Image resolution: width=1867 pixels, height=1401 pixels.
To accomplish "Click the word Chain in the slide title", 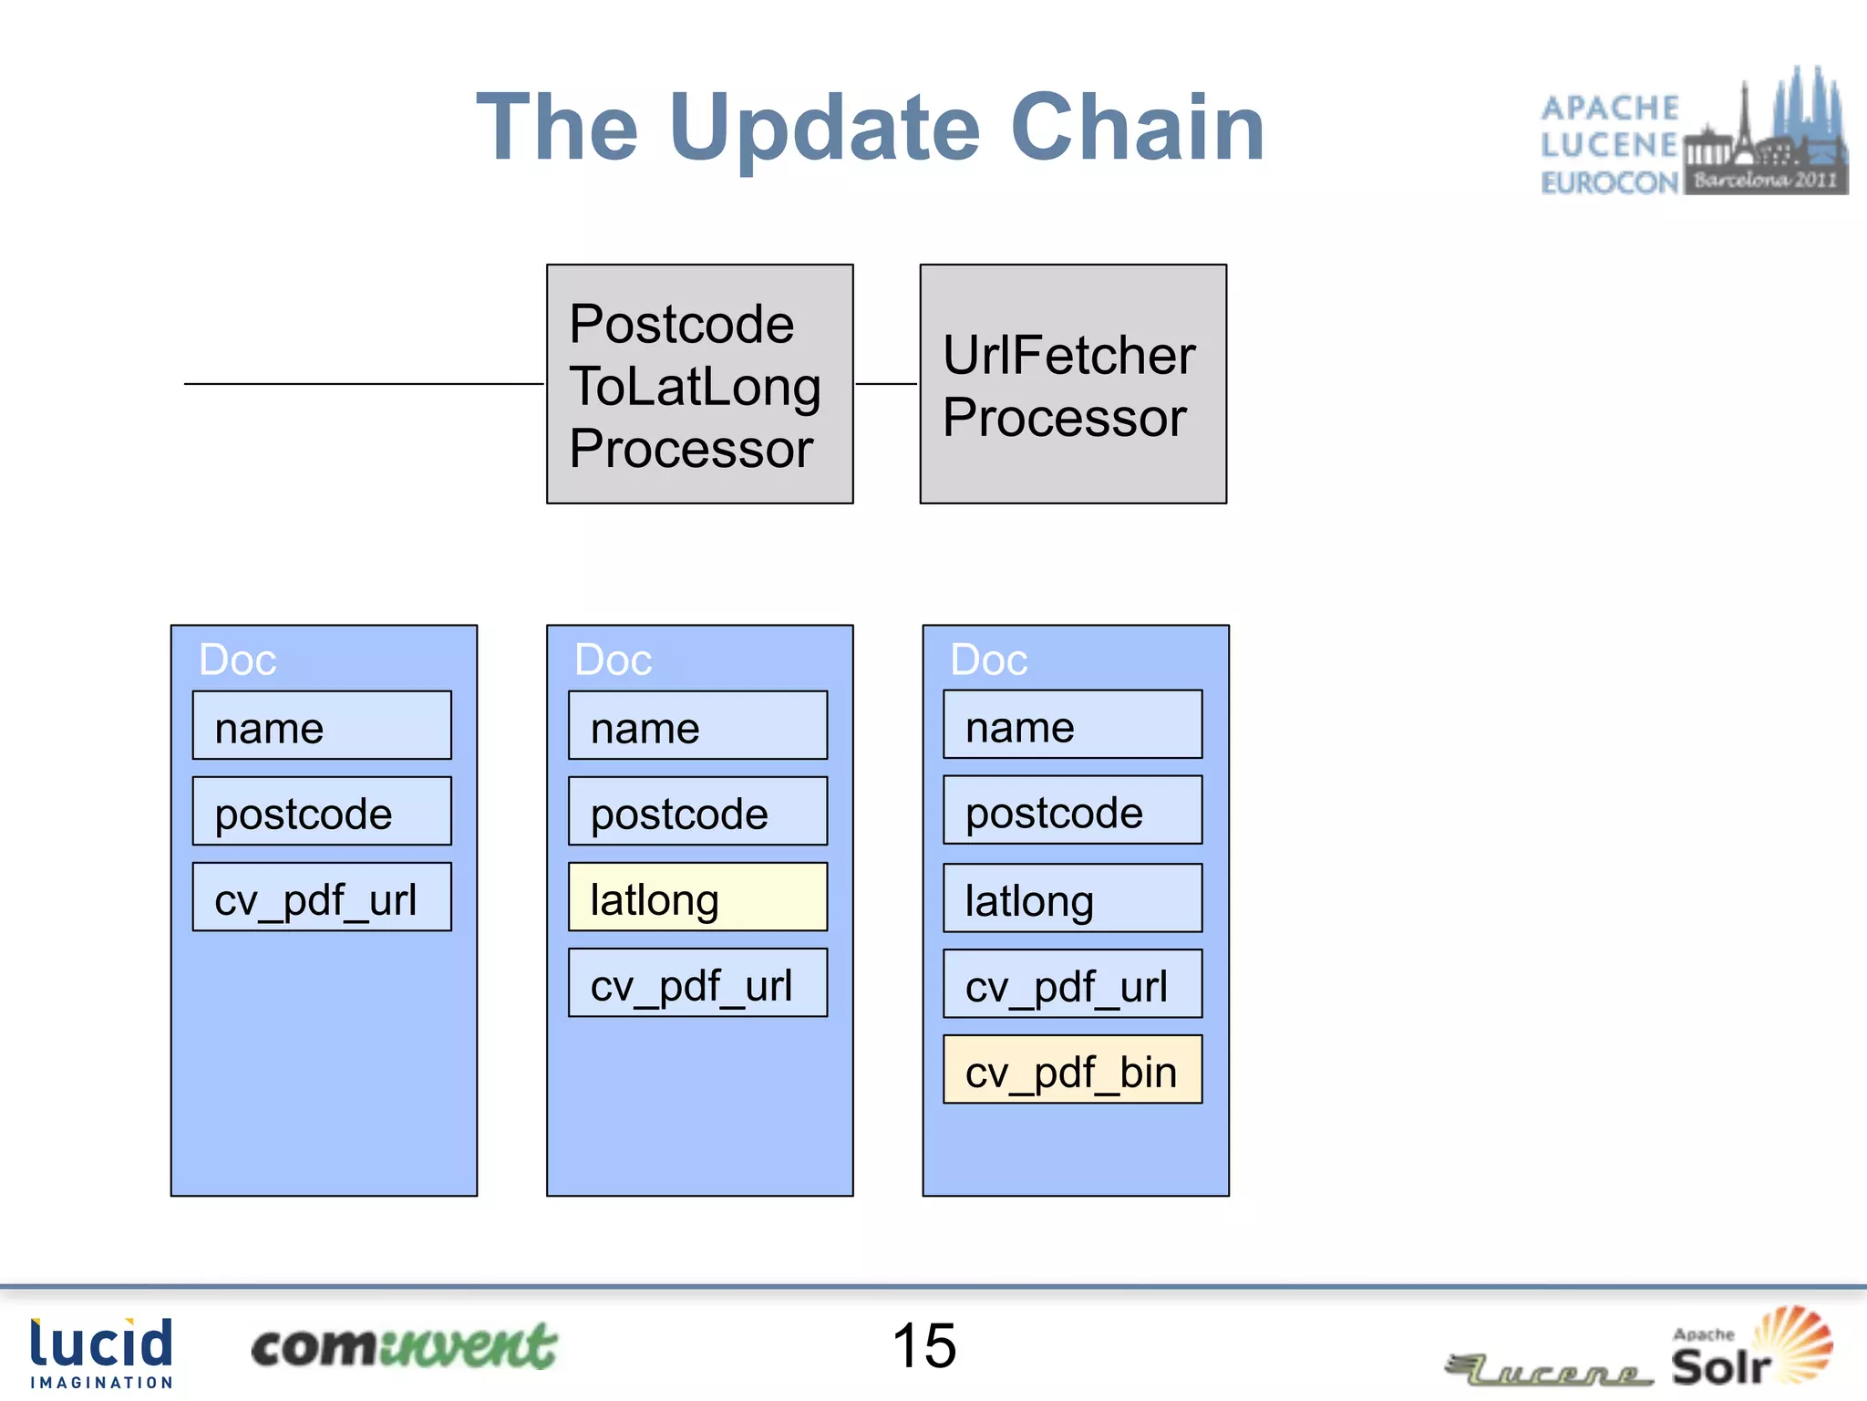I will pyautogui.click(x=1137, y=128).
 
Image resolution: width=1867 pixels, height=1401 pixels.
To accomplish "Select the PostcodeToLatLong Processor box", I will pyautogui.click(x=699, y=384).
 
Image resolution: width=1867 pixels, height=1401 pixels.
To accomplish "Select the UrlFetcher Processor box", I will pyautogui.click(x=1073, y=384).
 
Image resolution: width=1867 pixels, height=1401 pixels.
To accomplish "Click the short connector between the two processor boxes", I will pyautogui.click(x=886, y=384).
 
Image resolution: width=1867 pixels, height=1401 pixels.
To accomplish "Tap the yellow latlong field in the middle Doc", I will pyautogui.click(x=697, y=898).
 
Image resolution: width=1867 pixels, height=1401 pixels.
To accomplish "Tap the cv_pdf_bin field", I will pyautogui.click(x=1072, y=1070).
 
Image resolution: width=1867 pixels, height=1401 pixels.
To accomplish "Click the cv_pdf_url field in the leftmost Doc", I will pyautogui.click(x=322, y=898).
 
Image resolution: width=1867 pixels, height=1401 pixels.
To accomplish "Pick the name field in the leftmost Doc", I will pyautogui.click(x=322, y=726).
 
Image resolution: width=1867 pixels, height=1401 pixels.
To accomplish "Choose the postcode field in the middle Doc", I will pyautogui.click(x=697, y=812).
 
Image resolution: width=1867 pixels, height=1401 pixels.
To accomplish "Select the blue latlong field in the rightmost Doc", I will pyautogui.click(x=1072, y=898).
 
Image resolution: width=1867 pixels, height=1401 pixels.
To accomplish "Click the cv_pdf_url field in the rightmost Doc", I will pyautogui.click(x=1072, y=984).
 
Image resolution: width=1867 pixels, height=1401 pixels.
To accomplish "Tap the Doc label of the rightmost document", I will pyautogui.click(x=988, y=659).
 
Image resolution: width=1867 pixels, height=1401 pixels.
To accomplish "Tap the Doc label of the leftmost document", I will pyautogui.click(x=237, y=659).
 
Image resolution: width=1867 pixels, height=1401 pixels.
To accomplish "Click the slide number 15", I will pyautogui.click(x=924, y=1345).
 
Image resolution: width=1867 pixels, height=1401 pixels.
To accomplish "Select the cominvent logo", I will pyautogui.click(x=403, y=1347).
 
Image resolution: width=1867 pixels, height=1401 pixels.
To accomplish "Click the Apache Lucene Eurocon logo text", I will pyautogui.click(x=1609, y=144).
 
